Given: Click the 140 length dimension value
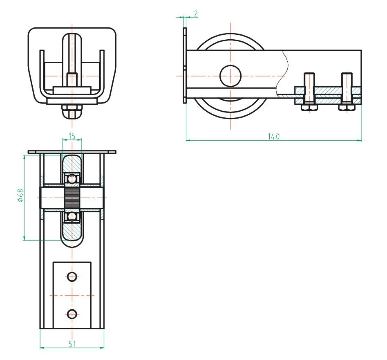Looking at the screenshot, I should tap(274, 137).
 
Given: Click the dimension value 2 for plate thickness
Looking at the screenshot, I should tap(195, 14).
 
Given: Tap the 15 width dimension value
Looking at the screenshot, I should tap(72, 136).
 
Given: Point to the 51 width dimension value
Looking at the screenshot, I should tap(72, 344).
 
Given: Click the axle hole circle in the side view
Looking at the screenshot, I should tap(230, 76).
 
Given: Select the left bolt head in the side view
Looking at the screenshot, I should tap(309, 108).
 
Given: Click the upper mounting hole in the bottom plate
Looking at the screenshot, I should tap(72, 277).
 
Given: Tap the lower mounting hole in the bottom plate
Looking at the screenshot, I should tap(72, 314).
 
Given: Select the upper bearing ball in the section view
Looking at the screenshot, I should tap(72, 178).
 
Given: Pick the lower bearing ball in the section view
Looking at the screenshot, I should tap(72, 216).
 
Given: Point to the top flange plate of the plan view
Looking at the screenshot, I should tap(72, 152).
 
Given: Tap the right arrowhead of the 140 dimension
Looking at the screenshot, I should tap(359, 141).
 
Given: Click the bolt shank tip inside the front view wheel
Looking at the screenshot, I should tap(72, 76).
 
